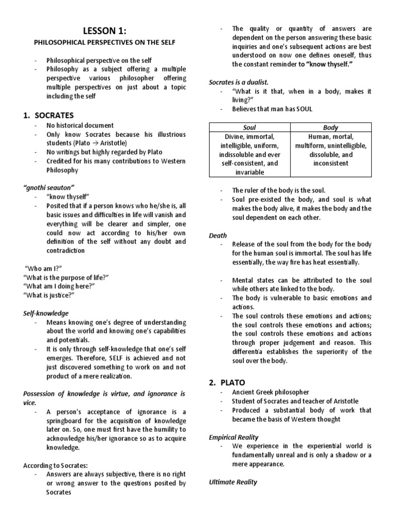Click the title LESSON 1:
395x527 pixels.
click(105, 30)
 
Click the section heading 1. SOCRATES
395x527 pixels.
click(48, 115)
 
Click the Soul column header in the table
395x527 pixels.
click(249, 127)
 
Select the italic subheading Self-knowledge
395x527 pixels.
click(46, 313)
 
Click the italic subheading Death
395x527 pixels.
click(218, 235)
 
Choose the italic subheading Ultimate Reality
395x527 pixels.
click(233, 482)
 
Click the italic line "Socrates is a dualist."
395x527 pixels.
click(239, 82)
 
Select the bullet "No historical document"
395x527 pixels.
click(80, 125)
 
